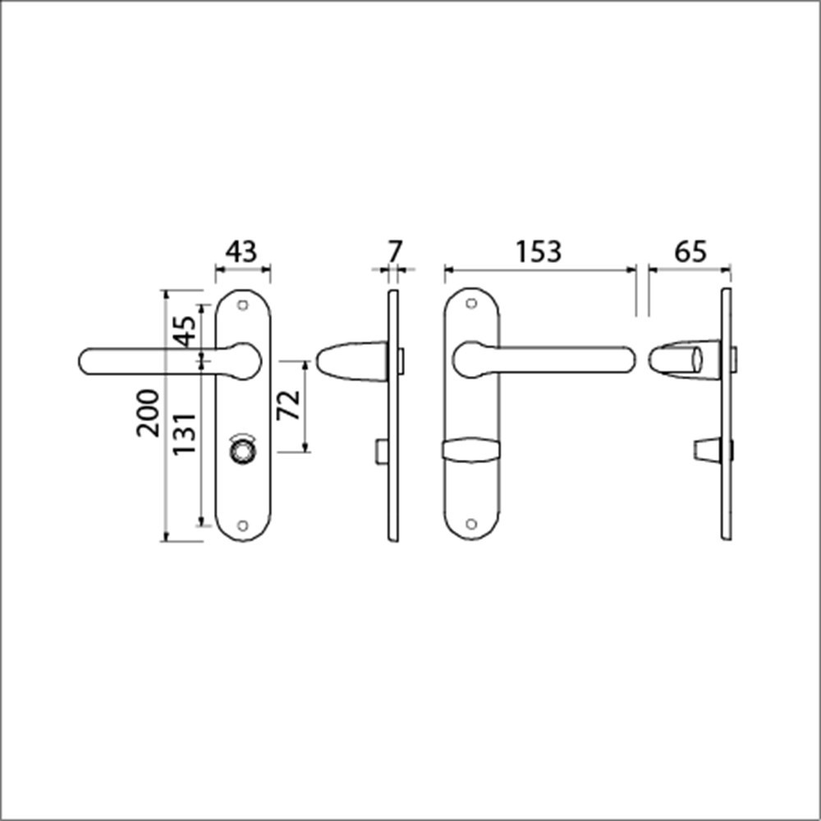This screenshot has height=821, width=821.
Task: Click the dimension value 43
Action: click(242, 251)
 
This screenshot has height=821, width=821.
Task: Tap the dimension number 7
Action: click(395, 251)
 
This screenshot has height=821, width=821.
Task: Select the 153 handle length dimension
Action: click(539, 251)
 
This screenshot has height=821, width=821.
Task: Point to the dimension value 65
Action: click(690, 251)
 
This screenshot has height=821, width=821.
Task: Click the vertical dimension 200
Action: click(149, 413)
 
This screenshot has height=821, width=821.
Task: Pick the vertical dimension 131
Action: click(186, 433)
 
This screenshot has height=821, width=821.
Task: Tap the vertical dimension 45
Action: click(186, 330)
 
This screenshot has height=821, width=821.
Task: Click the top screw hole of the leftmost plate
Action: click(242, 305)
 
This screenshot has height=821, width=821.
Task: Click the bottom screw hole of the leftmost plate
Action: click(242, 525)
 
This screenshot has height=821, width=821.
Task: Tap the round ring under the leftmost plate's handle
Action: click(242, 450)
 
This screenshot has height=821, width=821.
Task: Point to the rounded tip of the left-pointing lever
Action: click(90, 362)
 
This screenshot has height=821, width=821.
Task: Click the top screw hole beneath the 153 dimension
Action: click(470, 304)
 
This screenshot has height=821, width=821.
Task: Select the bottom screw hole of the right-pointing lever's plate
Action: click(470, 524)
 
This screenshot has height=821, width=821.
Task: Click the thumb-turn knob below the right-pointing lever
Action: click(470, 450)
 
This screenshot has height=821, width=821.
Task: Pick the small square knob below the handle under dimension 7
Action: click(380, 451)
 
